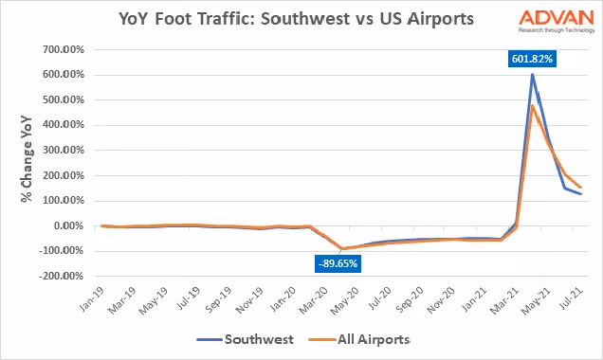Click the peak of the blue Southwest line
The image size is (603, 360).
[532, 75]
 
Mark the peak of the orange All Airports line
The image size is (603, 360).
[532, 105]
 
